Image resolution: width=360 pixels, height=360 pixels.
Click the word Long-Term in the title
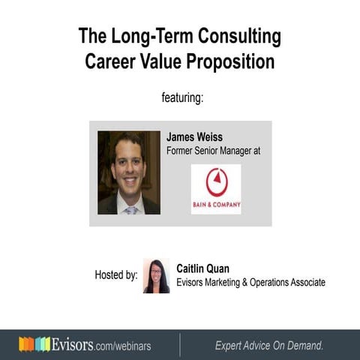pos(151,35)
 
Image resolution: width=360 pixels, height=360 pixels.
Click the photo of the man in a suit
pos(128,172)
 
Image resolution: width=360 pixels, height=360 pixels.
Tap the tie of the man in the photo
pos(130,209)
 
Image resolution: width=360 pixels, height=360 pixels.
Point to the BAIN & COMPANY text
pos(216,204)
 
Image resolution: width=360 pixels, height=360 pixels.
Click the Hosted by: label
pos(115,275)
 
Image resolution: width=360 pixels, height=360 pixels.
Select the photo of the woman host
pos(156,275)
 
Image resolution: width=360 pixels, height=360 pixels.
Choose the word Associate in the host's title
pos(304,282)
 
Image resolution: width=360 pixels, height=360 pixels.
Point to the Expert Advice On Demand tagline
pos(269,345)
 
